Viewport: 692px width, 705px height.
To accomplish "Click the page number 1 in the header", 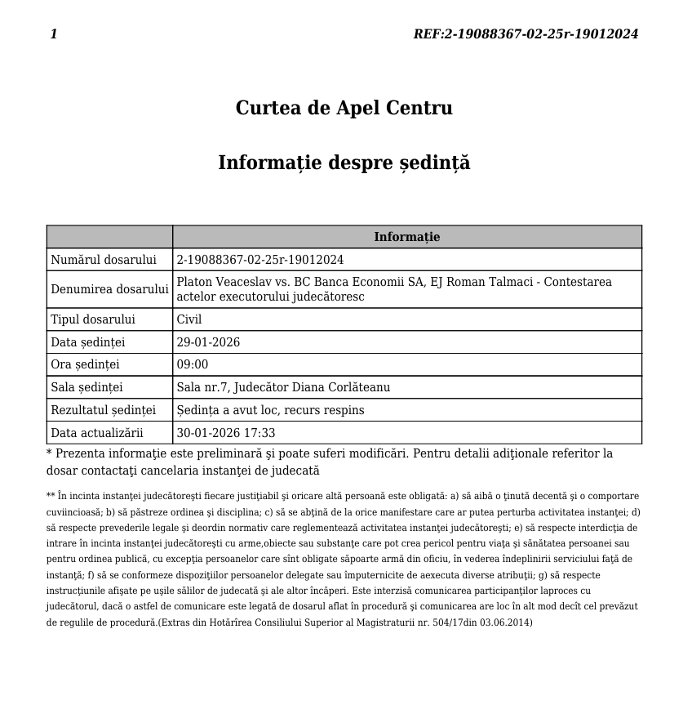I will pos(54,34).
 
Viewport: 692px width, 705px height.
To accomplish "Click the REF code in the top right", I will pos(526,34).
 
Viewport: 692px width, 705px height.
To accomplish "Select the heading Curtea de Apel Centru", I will pos(344,109).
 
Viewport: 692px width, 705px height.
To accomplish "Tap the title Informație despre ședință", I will pos(344,163).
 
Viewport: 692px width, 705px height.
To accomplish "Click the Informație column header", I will pos(406,237).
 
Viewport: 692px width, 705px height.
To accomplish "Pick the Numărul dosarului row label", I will pos(104,260).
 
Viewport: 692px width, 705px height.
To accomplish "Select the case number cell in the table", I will pos(260,260).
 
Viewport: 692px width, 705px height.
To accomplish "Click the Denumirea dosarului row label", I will pos(109,289).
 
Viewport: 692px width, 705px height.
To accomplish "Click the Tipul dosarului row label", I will pos(93,319).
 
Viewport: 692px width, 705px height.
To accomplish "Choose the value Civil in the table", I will pos(189,319).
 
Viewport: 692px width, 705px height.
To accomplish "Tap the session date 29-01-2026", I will pos(208,342).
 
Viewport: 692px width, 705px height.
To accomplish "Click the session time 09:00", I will pos(193,364).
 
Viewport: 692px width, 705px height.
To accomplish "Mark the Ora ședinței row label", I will pos(85,364).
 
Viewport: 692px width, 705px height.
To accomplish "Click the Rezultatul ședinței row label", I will pos(103,410).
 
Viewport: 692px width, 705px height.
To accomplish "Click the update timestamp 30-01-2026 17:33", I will pos(226,433).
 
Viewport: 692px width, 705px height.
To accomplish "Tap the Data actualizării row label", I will pos(96,433).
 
